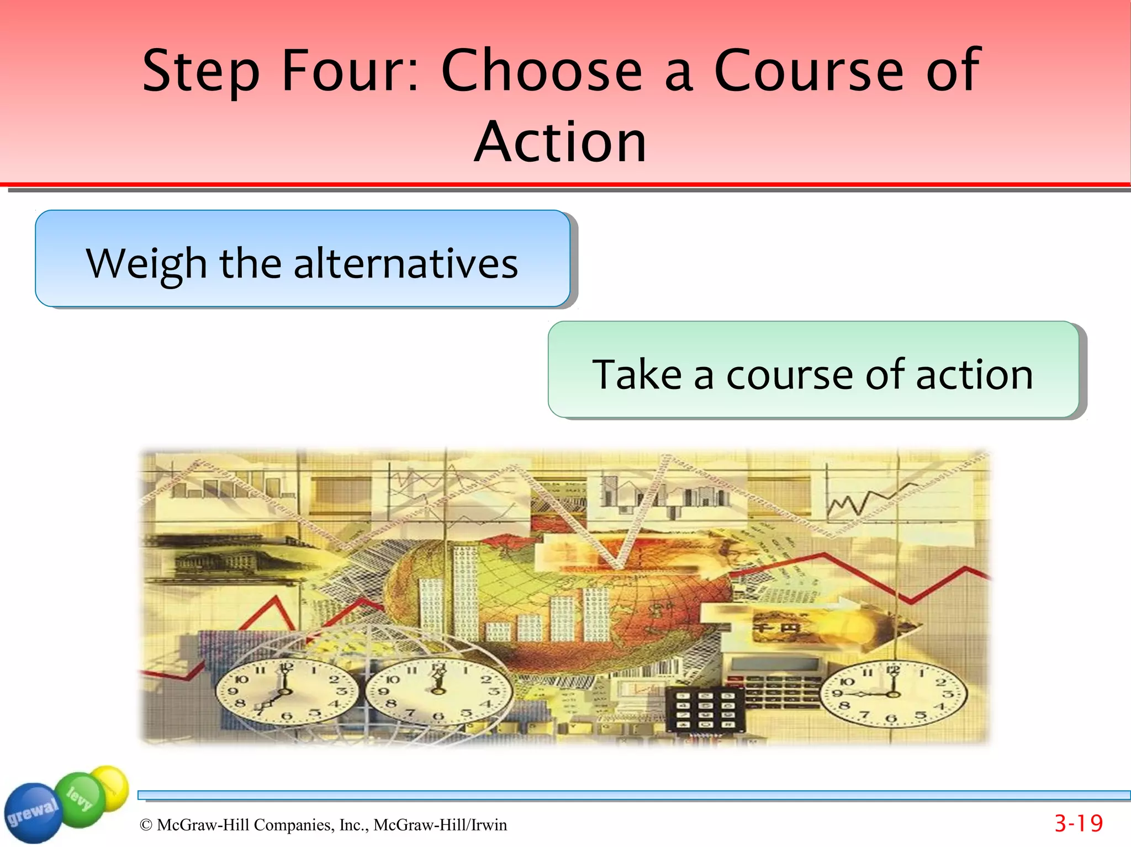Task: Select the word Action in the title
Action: [560, 142]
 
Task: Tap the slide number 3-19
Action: [1078, 823]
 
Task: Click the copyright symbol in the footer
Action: [146, 825]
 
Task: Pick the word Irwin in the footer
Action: [489, 825]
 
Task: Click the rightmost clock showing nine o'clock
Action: [893, 694]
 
